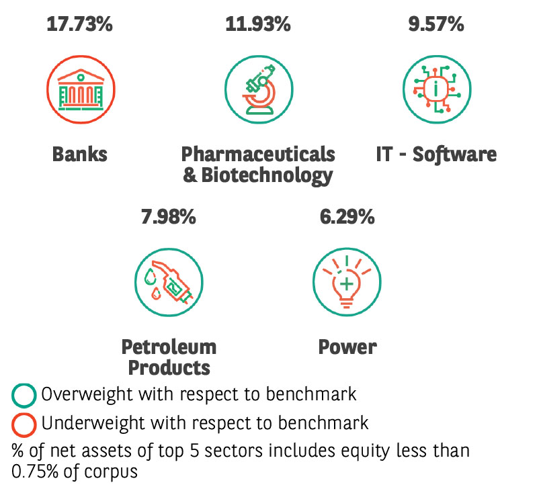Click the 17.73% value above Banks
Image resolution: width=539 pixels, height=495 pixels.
tap(80, 24)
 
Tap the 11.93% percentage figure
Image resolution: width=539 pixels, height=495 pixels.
tap(258, 24)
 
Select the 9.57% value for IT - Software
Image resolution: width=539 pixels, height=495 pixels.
tap(436, 24)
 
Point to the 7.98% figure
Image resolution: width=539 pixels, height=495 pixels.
tap(169, 217)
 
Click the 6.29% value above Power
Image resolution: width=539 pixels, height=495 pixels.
tap(347, 217)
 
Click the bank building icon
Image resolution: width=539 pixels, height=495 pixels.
tap(81, 89)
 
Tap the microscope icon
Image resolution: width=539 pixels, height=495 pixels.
tap(259, 89)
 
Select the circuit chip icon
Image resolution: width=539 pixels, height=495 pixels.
tap(437, 89)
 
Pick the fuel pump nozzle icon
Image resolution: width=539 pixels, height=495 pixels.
tap(169, 282)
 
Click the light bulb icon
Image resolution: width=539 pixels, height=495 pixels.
tap(347, 282)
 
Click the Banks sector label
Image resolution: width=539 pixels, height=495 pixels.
tap(80, 154)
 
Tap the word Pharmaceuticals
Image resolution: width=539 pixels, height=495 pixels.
tap(258, 154)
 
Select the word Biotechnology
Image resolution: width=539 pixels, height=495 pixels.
tap(267, 176)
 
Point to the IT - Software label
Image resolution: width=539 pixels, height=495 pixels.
tap(436, 154)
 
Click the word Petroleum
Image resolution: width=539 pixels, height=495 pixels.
tap(169, 347)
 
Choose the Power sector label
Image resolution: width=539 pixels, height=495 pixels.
tap(347, 347)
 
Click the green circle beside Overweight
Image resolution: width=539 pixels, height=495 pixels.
tap(24, 396)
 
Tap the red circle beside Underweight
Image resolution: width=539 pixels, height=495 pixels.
tap(24, 425)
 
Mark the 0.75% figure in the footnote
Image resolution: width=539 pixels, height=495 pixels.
tap(35, 471)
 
